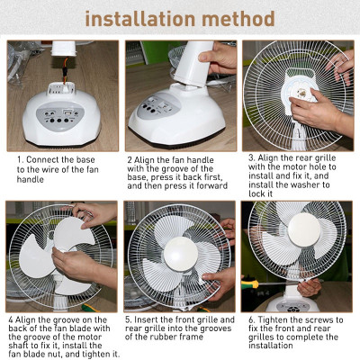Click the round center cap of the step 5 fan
(x=179, y=249)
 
